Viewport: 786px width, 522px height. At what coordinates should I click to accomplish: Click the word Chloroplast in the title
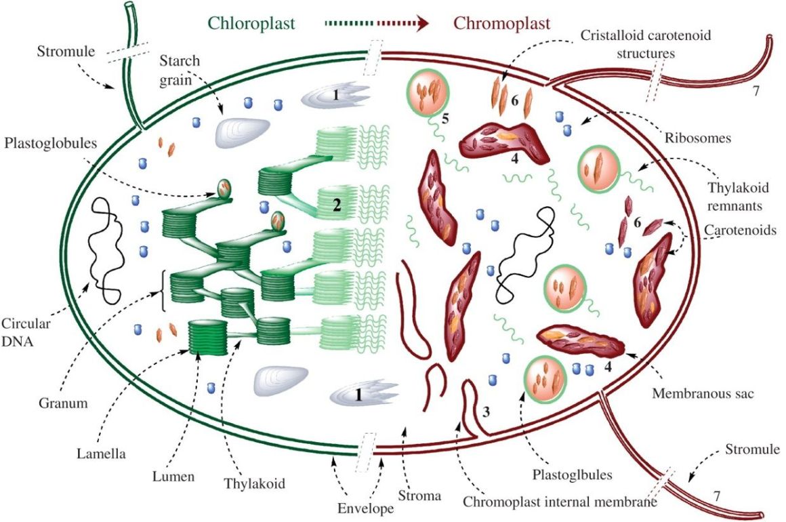click(251, 23)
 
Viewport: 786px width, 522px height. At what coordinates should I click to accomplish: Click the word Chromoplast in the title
click(501, 23)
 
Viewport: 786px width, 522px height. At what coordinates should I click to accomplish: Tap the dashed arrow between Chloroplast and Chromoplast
click(377, 24)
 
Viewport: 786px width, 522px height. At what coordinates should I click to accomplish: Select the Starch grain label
click(178, 68)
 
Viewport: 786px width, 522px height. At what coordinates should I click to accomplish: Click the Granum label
click(64, 403)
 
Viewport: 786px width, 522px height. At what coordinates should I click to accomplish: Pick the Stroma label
click(423, 496)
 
